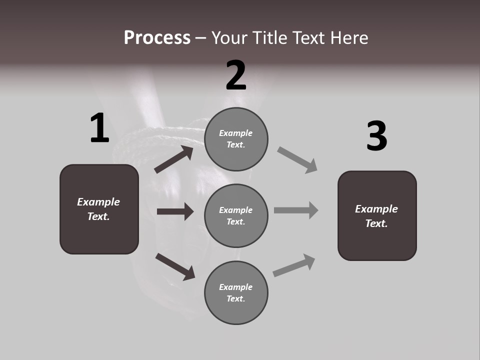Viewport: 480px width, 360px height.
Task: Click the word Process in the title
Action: pos(157,38)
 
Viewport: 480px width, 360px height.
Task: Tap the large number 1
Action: pos(99,128)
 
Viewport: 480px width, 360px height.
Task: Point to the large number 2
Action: pos(236,75)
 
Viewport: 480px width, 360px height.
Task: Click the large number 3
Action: pos(376,136)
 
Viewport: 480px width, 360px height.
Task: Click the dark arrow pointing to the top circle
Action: pos(174,159)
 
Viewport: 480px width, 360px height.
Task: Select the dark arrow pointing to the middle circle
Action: pos(175,211)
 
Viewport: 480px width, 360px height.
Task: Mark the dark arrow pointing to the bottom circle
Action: pos(175,266)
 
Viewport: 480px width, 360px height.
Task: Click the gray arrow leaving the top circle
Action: pos(297,159)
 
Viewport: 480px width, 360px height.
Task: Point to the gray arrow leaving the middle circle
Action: pos(296,210)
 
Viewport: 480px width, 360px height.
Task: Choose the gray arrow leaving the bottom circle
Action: pos(294,265)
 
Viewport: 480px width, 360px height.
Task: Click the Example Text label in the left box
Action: pos(98,209)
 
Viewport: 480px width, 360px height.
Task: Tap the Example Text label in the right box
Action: pos(376,216)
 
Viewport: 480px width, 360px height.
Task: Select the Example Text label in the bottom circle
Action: pos(236,292)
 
